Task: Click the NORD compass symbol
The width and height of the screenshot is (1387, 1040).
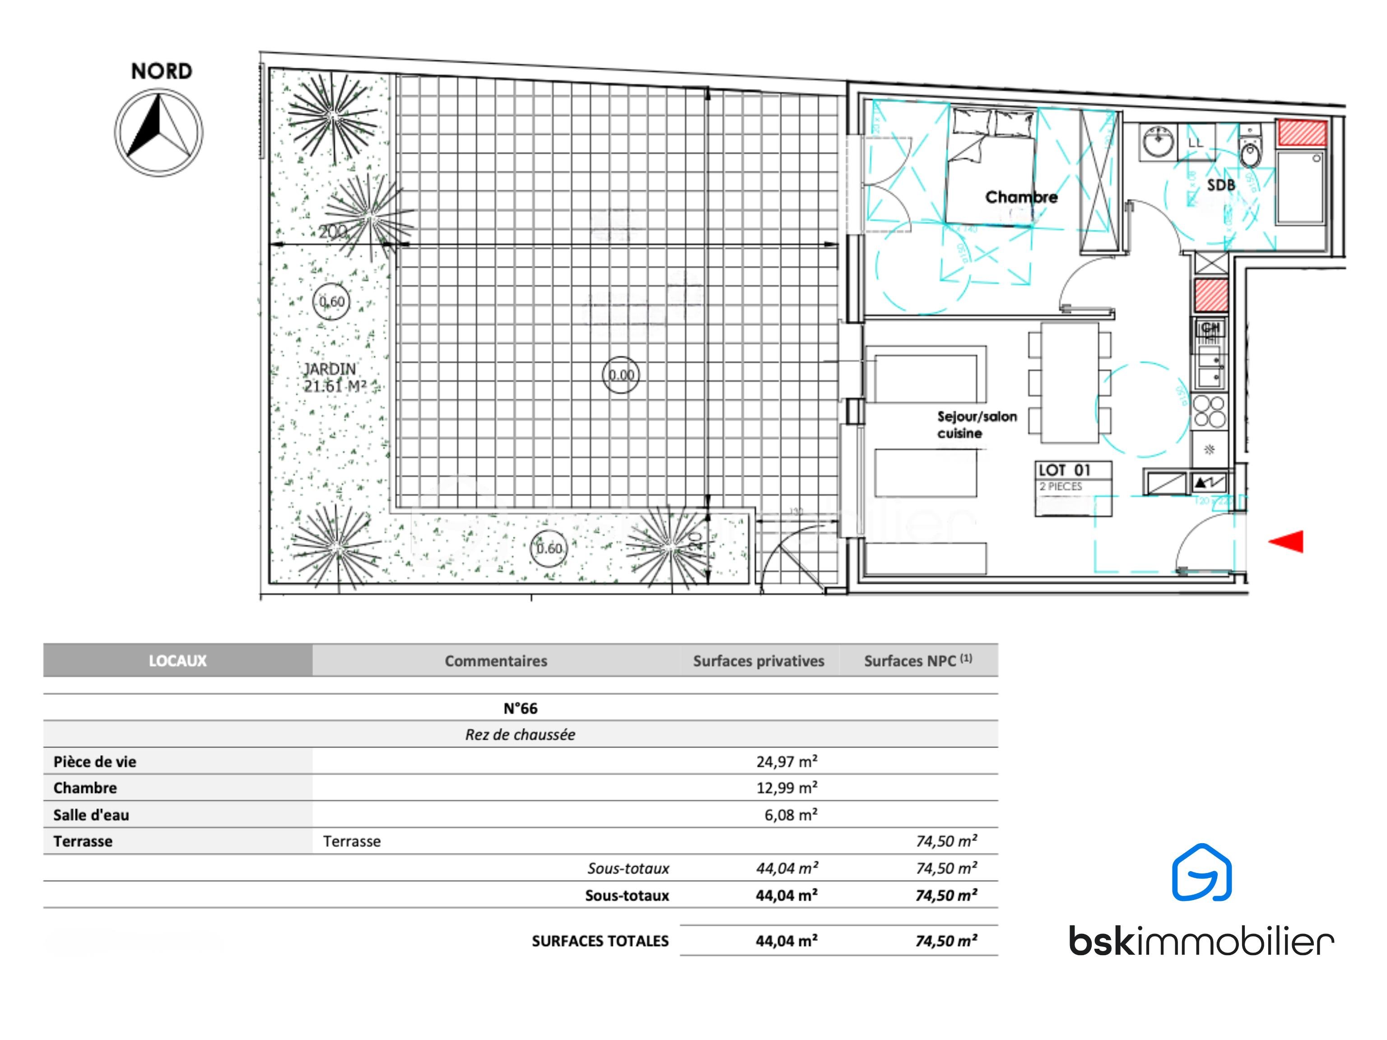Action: point(158,132)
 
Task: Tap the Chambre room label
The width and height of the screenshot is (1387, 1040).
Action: point(1021,197)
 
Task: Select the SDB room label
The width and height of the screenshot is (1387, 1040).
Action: point(1221,185)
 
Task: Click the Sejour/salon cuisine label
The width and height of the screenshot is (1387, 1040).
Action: point(976,424)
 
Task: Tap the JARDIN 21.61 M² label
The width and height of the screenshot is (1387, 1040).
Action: point(334,377)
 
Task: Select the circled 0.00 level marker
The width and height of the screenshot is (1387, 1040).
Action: point(621,375)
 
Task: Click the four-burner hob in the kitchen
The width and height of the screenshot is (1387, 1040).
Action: point(1209,411)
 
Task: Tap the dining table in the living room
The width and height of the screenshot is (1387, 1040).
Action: point(1069,382)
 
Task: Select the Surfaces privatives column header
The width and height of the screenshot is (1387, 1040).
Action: point(758,661)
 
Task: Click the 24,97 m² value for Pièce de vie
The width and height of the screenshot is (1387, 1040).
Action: point(787,761)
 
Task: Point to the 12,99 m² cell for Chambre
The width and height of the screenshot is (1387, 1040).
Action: point(787,788)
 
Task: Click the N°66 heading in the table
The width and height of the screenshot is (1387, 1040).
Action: point(521,708)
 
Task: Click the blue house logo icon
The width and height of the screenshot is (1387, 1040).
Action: point(1201,873)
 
